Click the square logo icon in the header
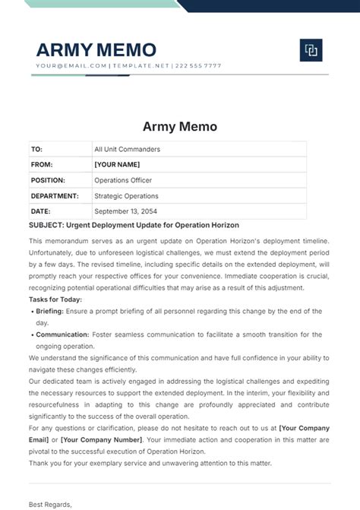click(x=311, y=50)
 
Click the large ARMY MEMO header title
click(x=96, y=50)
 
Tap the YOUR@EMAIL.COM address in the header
click(x=71, y=66)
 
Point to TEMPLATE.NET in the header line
click(x=141, y=66)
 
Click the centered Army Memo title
click(x=180, y=127)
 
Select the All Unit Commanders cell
click(x=127, y=150)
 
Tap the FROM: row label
click(x=41, y=165)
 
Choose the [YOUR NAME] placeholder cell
click(x=117, y=165)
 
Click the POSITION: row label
click(x=48, y=180)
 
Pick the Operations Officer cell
click(x=123, y=180)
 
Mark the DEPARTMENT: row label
click(x=54, y=196)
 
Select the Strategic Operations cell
click(x=126, y=196)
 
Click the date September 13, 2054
click(x=125, y=211)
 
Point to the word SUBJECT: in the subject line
click(x=47, y=226)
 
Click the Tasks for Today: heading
click(x=55, y=299)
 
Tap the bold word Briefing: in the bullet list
click(x=50, y=312)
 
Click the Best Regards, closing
click(x=50, y=504)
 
